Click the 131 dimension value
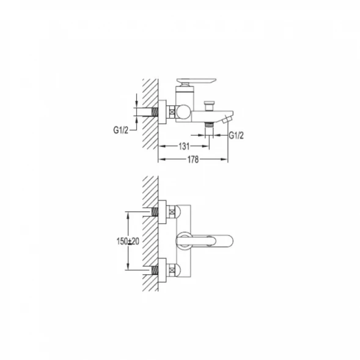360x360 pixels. tap(184, 146)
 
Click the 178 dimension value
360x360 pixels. tap(193, 160)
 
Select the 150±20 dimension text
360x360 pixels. tap(128, 241)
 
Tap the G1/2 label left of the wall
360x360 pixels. tap(121, 130)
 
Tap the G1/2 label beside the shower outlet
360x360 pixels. tap(236, 136)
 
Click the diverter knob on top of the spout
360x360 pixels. tap(208, 106)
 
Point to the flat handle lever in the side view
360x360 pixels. tap(196, 81)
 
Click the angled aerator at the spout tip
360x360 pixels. tap(227, 119)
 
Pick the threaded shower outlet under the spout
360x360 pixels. tap(209, 125)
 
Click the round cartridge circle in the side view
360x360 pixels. tap(183, 112)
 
